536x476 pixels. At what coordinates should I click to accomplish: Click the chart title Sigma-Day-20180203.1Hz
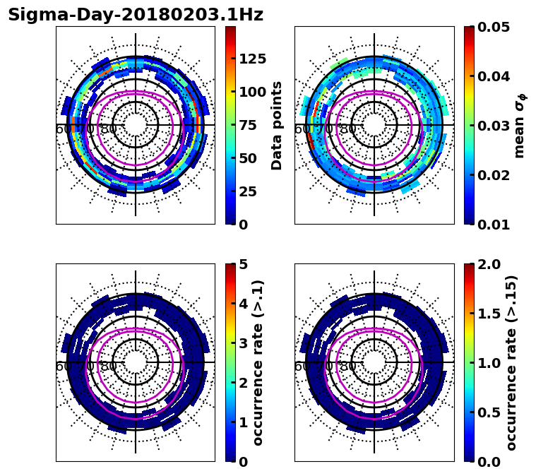(x=136, y=16)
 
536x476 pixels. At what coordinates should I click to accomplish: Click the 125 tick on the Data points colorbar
(x=252, y=59)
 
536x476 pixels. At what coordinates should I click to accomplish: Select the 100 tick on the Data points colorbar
(x=252, y=92)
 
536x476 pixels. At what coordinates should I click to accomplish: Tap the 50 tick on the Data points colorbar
(x=248, y=158)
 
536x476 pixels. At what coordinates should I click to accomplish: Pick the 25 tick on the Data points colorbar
(x=248, y=191)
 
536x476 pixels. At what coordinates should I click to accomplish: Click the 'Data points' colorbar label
(x=277, y=125)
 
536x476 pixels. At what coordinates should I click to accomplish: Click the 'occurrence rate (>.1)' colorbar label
(x=258, y=362)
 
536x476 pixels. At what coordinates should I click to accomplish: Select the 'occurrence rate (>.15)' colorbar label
(x=511, y=362)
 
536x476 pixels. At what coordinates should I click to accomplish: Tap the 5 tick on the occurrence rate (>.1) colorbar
(x=244, y=264)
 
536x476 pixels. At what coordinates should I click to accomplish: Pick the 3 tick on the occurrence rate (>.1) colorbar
(x=244, y=343)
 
